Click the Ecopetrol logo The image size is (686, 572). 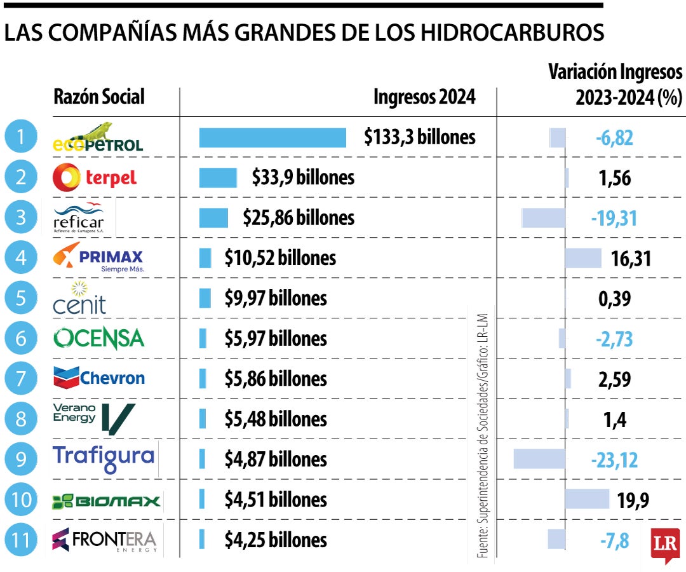(x=97, y=137)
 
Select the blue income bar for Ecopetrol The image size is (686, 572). (x=272, y=137)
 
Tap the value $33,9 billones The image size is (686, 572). (x=303, y=178)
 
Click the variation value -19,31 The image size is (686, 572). (x=614, y=218)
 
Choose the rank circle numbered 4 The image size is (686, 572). (x=22, y=259)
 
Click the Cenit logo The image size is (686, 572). (x=79, y=298)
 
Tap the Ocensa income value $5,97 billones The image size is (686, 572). (x=276, y=339)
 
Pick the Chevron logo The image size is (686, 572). (x=99, y=378)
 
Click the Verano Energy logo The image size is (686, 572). (x=94, y=418)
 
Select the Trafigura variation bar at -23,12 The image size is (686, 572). (x=539, y=458)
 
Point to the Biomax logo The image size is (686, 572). (x=106, y=501)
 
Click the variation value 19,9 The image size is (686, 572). (x=633, y=500)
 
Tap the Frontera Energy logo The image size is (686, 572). (x=104, y=540)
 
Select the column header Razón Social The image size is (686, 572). (x=99, y=97)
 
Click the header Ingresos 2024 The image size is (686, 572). (x=424, y=97)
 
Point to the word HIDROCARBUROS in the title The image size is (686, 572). (x=512, y=34)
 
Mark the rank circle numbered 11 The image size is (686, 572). (x=22, y=540)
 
